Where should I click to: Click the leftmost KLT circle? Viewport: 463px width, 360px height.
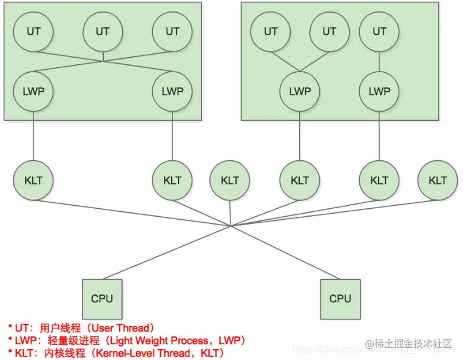33,180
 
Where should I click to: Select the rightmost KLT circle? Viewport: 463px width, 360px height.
438,180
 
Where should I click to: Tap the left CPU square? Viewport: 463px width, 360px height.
102,299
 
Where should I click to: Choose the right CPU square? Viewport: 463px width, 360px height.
340,299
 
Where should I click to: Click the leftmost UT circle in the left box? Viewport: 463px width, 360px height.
33,30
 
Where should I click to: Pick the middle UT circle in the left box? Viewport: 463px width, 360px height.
103,30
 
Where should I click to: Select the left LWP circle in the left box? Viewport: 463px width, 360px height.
33,91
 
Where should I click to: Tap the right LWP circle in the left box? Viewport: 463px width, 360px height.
172,91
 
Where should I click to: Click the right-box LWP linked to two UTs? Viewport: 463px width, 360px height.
300,91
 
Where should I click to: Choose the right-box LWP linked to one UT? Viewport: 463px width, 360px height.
379,91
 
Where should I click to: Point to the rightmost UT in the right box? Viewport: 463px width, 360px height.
379,30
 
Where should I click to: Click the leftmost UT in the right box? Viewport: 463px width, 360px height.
271,30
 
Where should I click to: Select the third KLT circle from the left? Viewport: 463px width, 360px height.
230,180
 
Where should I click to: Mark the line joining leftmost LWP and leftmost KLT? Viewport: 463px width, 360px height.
33,137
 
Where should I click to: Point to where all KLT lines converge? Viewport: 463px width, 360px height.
231,226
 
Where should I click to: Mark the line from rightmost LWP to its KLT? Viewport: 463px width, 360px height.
379,137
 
